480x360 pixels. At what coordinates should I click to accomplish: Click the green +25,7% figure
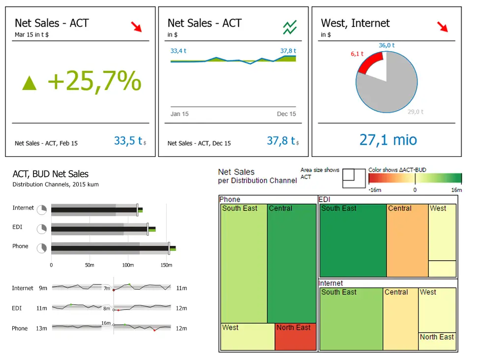pos(94,81)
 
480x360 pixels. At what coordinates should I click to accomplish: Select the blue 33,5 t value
pos(128,141)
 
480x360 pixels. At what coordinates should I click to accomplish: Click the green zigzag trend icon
pos(290,27)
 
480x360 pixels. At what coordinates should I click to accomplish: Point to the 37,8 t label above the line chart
pos(288,51)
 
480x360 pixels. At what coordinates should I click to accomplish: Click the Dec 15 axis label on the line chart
pos(286,114)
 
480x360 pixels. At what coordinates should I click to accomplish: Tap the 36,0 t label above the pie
pos(387,45)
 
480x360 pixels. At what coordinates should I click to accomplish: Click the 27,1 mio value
pos(388,140)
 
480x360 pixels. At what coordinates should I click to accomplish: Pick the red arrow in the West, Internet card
pos(443,27)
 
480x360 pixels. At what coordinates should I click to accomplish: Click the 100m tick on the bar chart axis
pos(128,265)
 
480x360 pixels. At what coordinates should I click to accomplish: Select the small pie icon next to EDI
pos(42,229)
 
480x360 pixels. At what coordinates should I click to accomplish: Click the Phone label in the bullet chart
pos(20,246)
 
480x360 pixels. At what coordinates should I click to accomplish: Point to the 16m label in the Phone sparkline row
pos(106,323)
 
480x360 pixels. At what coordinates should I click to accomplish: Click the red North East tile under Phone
pos(295,337)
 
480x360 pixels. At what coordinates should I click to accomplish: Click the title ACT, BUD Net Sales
pos(51,174)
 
